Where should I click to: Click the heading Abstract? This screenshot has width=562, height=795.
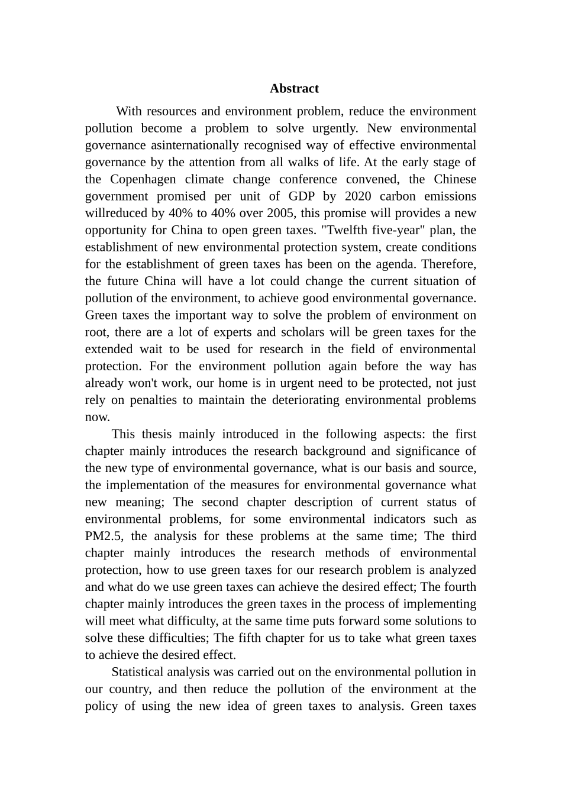[294, 89]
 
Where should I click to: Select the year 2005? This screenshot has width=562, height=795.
[281, 214]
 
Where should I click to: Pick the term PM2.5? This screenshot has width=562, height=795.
[104, 537]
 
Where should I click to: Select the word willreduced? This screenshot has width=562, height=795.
[114, 214]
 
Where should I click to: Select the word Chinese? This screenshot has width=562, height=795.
[455, 179]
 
